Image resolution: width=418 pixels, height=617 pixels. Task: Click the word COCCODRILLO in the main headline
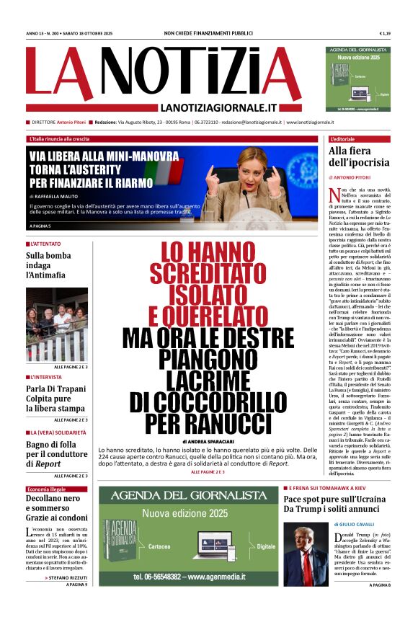coord(208,401)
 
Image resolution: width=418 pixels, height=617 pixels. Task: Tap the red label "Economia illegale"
coord(49,489)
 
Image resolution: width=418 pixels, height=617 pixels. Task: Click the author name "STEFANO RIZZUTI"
coord(68,577)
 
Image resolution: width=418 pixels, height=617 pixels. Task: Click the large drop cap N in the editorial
coord(334,195)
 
